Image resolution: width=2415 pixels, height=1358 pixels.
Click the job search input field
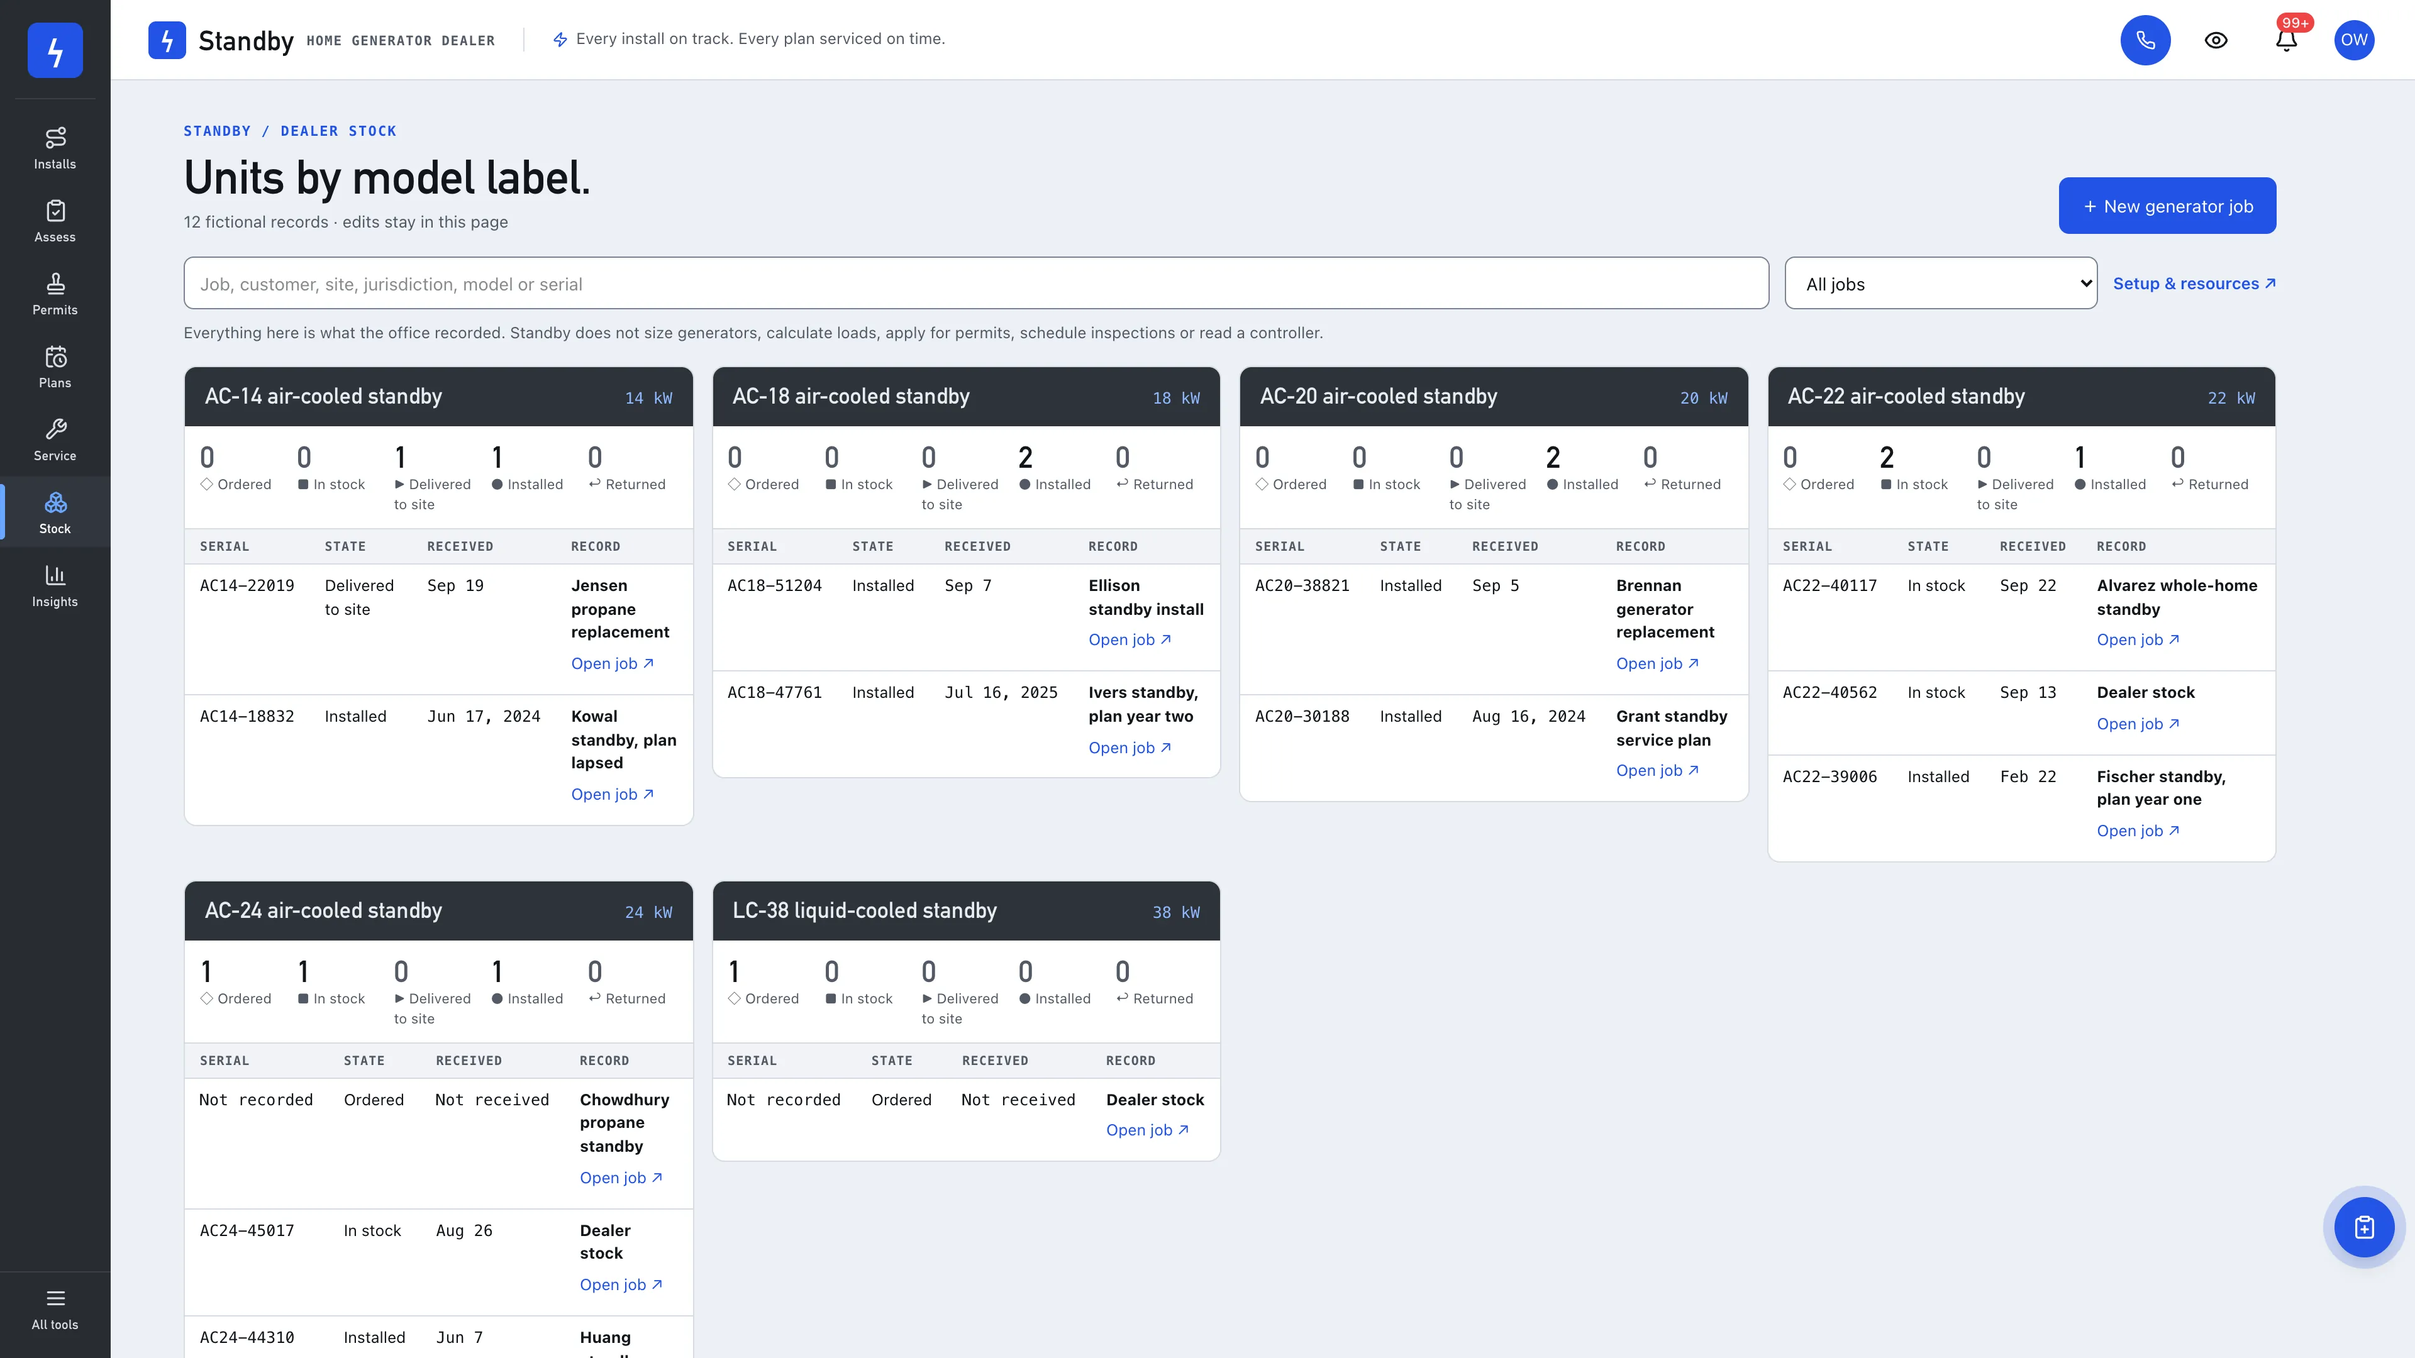(976, 283)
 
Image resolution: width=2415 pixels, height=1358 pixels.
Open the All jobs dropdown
(1941, 283)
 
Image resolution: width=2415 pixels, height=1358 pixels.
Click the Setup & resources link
(2194, 283)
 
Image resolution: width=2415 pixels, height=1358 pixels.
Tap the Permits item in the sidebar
(55, 294)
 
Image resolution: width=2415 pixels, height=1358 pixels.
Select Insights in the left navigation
(55, 586)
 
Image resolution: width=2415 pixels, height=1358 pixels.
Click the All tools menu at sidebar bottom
(55, 1309)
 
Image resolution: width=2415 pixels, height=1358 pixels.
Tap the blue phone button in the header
(2145, 40)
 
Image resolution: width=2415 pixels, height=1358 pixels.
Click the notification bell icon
(2287, 40)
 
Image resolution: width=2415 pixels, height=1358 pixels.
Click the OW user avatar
(2354, 40)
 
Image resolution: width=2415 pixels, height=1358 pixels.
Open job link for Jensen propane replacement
(612, 663)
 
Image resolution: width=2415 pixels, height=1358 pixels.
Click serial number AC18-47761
(774, 693)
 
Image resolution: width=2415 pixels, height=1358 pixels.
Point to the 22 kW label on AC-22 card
(2231, 399)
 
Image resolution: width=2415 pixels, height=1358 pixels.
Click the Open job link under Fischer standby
(2138, 831)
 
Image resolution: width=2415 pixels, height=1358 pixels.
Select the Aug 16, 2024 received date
(1528, 717)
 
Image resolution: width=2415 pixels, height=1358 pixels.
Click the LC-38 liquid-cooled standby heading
(864, 911)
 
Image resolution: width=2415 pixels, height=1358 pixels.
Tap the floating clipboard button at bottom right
(2363, 1227)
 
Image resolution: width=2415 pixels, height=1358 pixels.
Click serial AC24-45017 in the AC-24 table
(247, 1230)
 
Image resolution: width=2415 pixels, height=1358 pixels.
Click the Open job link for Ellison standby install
(1130, 640)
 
